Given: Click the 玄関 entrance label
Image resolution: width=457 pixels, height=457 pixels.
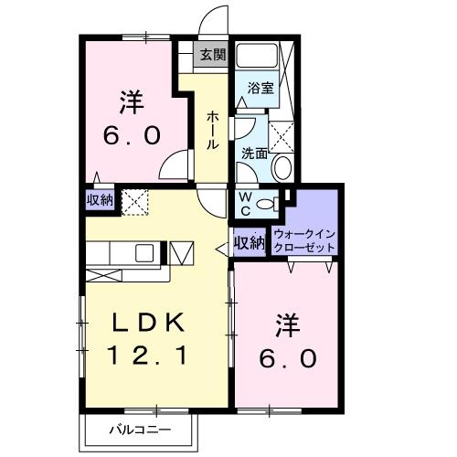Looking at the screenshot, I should pos(213,54).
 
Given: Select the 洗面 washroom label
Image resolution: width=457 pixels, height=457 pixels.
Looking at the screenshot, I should pos(254,153).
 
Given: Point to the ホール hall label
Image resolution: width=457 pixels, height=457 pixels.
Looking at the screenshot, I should pos(212,130).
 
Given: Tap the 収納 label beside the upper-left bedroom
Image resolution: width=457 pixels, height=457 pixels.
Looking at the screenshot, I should pos(100,201).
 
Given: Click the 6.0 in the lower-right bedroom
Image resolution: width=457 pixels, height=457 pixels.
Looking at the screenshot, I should pos(288,357).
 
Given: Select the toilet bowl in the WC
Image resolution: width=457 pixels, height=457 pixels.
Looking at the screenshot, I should pos(268,203).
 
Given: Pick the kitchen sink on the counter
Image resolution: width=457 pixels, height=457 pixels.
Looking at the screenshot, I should pos(145,252).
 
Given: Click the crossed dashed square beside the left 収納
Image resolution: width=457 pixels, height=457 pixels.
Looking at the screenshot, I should pos(134,201).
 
